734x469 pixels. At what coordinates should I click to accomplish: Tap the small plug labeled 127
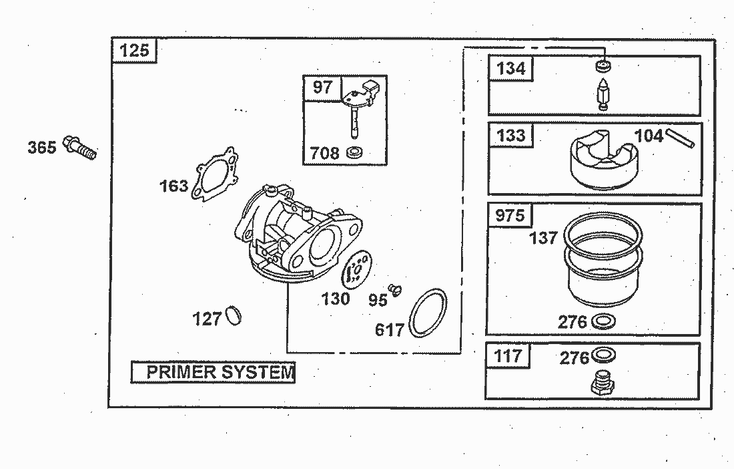pyautogui.click(x=234, y=315)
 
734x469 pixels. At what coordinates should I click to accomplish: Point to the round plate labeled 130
pyautogui.click(x=357, y=271)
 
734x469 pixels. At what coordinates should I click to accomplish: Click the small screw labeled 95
pyautogui.click(x=396, y=289)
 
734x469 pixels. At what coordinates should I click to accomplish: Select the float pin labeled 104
pyautogui.click(x=681, y=138)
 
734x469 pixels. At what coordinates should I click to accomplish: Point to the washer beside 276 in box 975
pyautogui.click(x=604, y=321)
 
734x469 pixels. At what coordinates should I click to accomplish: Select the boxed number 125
pyautogui.click(x=134, y=51)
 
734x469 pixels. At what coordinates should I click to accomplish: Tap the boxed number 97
pyautogui.click(x=322, y=87)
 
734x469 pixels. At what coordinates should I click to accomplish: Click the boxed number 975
pyautogui.click(x=511, y=215)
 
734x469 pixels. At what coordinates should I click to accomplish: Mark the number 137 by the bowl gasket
pyautogui.click(x=543, y=237)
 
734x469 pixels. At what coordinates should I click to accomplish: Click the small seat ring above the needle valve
pyautogui.click(x=604, y=67)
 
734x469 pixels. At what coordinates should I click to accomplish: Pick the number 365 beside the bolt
pyautogui.click(x=41, y=147)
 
